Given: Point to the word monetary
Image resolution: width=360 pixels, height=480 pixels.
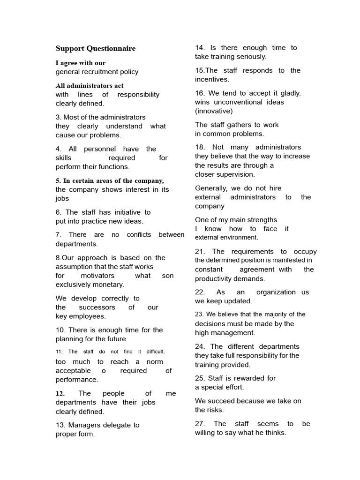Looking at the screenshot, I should [108, 285].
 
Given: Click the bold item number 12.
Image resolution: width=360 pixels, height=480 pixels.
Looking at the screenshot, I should [60, 393].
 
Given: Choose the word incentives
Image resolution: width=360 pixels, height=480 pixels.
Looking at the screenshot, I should [211, 80].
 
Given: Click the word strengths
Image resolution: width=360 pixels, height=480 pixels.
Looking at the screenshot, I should [261, 220].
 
